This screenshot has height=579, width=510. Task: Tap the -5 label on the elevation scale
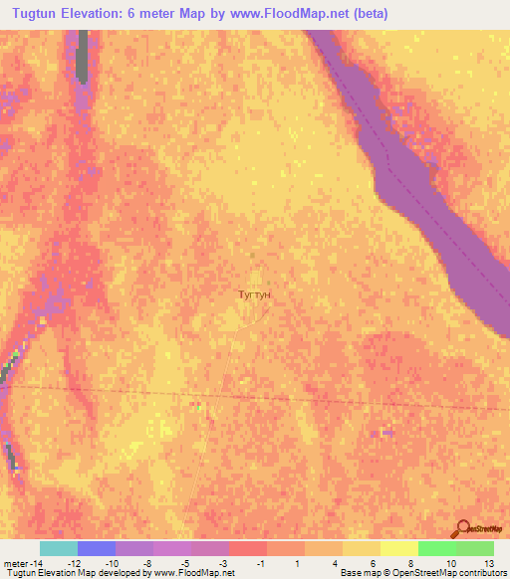click(x=185, y=563)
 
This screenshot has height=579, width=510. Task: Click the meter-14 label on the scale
click(x=22, y=563)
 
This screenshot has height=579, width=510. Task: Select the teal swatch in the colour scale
click(x=59, y=548)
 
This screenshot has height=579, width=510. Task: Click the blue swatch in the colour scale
click(x=97, y=548)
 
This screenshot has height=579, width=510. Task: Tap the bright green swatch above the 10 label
click(x=437, y=548)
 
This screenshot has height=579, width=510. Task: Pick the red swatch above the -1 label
click(x=248, y=548)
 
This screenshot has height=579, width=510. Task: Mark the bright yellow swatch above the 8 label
click(x=399, y=548)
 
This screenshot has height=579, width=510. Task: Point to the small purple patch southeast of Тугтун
click(x=386, y=433)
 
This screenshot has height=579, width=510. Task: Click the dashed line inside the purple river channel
click(x=418, y=189)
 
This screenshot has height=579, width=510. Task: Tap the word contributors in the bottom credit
click(x=485, y=574)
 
